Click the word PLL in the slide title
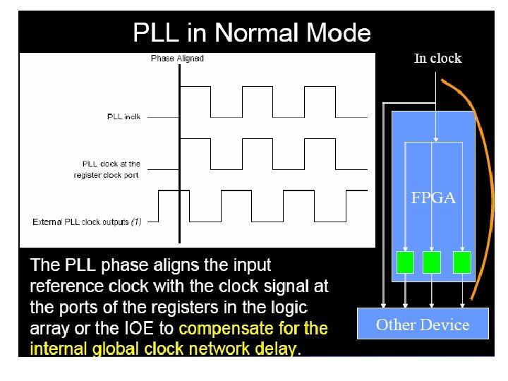(x=152, y=33)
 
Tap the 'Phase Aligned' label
(x=177, y=59)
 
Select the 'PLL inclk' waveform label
(x=123, y=116)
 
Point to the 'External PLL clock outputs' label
(x=80, y=222)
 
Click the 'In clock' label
(x=437, y=59)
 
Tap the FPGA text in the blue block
(x=433, y=198)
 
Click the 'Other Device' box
(x=423, y=325)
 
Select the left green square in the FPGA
(x=405, y=262)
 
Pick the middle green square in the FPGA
(x=432, y=262)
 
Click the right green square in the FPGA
(x=462, y=262)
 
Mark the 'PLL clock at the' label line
(x=116, y=164)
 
